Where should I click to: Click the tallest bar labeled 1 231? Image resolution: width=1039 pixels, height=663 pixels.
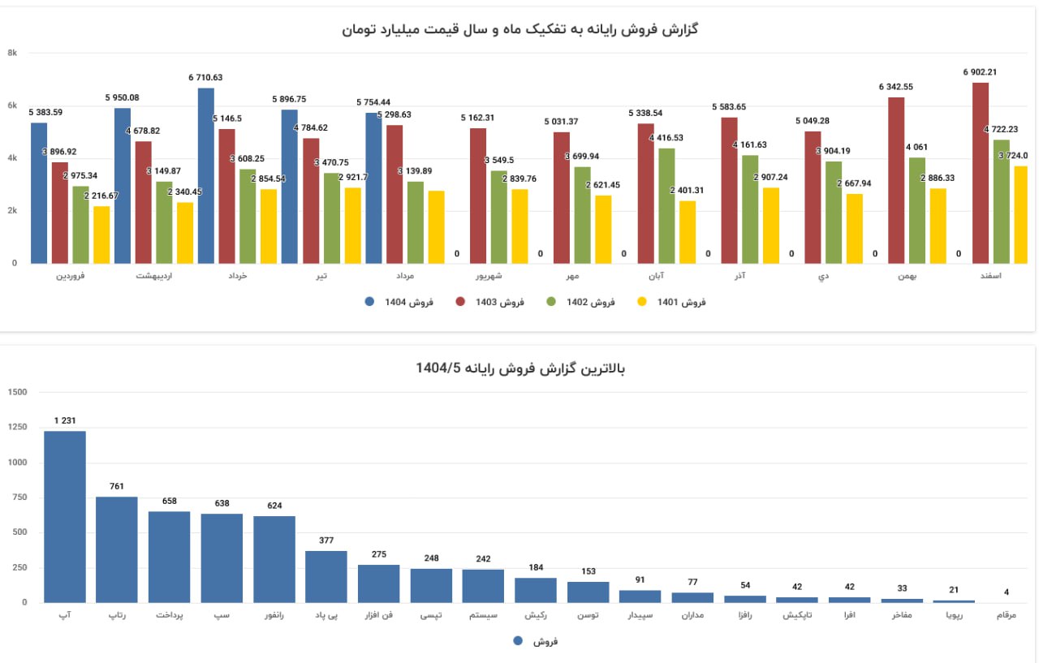pos(65,516)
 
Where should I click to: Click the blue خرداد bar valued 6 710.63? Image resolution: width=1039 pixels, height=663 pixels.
pos(206,175)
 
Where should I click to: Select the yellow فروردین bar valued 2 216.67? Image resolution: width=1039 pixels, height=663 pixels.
pos(101,235)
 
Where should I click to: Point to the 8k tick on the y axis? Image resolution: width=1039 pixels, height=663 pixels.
pos(12,53)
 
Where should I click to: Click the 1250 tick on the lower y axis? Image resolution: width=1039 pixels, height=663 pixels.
pos(17,428)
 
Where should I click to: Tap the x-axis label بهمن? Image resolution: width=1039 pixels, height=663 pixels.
pos(908,277)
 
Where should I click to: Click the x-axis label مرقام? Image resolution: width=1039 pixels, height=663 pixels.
pos(1006,616)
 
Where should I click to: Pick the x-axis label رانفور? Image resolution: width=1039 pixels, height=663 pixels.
pos(274,616)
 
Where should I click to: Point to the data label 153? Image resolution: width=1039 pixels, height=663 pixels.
pos(588,571)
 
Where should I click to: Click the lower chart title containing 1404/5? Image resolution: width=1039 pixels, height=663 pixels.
pos(520,368)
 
